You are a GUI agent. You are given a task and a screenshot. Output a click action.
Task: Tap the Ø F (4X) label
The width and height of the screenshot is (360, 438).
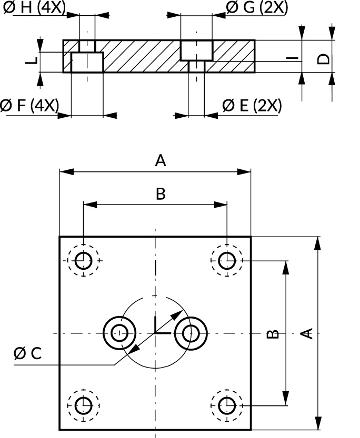click(29, 105)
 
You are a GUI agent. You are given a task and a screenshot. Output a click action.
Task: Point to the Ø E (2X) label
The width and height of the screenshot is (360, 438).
click(252, 105)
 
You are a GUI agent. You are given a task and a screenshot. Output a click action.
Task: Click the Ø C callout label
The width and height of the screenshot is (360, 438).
click(27, 354)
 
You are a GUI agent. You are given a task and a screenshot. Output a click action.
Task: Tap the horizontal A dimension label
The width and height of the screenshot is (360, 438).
click(161, 161)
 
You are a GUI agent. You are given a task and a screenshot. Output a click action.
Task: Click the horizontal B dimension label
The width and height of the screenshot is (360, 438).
click(161, 194)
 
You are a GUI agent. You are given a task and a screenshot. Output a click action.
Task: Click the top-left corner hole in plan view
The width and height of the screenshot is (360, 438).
click(83, 260)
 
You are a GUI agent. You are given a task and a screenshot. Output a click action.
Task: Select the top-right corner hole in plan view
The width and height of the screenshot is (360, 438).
click(227, 260)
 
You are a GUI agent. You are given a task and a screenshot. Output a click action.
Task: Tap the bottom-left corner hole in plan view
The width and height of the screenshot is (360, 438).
click(83, 405)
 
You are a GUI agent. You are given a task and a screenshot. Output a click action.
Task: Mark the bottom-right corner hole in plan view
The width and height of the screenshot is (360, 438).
click(227, 405)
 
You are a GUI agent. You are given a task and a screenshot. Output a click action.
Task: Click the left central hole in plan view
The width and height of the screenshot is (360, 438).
click(120, 333)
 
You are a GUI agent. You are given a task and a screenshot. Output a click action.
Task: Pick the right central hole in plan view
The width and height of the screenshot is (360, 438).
click(190, 333)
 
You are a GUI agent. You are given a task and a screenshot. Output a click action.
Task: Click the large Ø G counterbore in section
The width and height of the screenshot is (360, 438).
click(197, 49)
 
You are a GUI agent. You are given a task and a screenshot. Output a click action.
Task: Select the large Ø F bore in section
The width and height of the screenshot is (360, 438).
click(87, 62)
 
